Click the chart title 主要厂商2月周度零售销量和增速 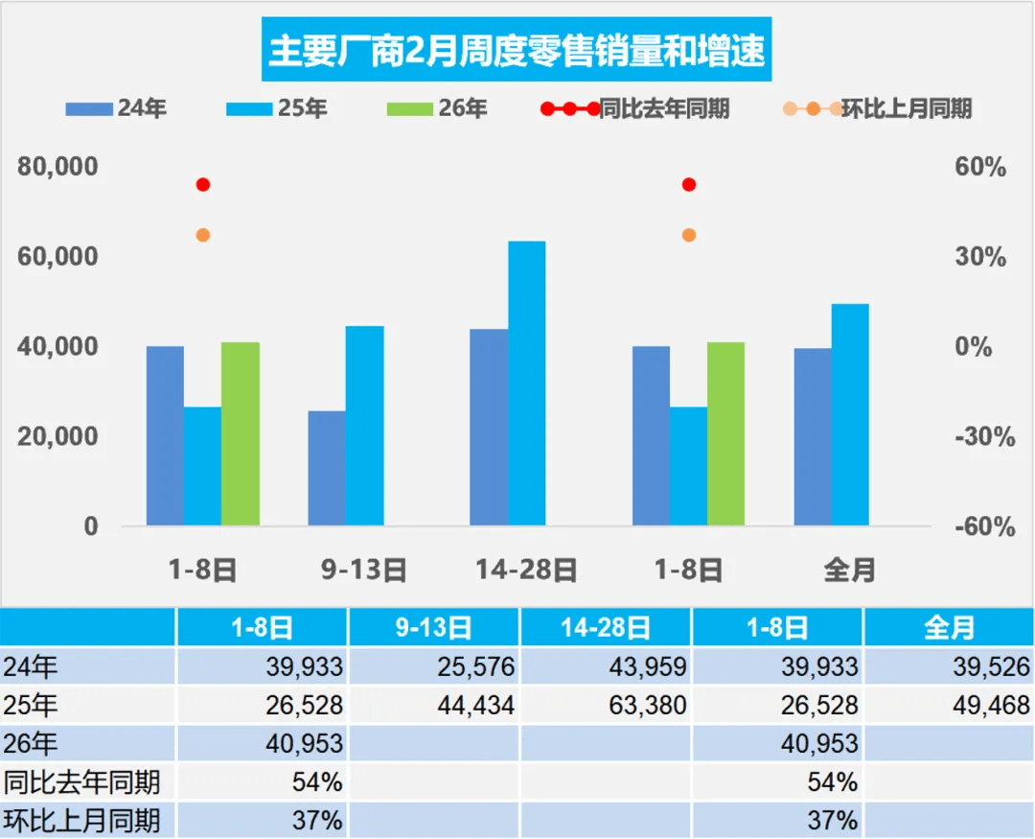tap(517, 50)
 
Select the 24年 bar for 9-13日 tap(327, 468)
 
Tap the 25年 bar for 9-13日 tap(364, 426)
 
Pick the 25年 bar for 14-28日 tap(526, 384)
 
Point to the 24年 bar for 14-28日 tap(489, 427)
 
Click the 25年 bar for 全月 tap(850, 414)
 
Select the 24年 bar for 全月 tap(813, 436)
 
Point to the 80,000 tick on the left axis tap(58, 167)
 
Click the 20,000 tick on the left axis tap(58, 436)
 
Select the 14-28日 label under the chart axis tap(526, 571)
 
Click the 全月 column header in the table tap(949, 628)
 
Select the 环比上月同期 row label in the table tap(80, 821)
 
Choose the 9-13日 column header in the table tap(433, 628)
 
